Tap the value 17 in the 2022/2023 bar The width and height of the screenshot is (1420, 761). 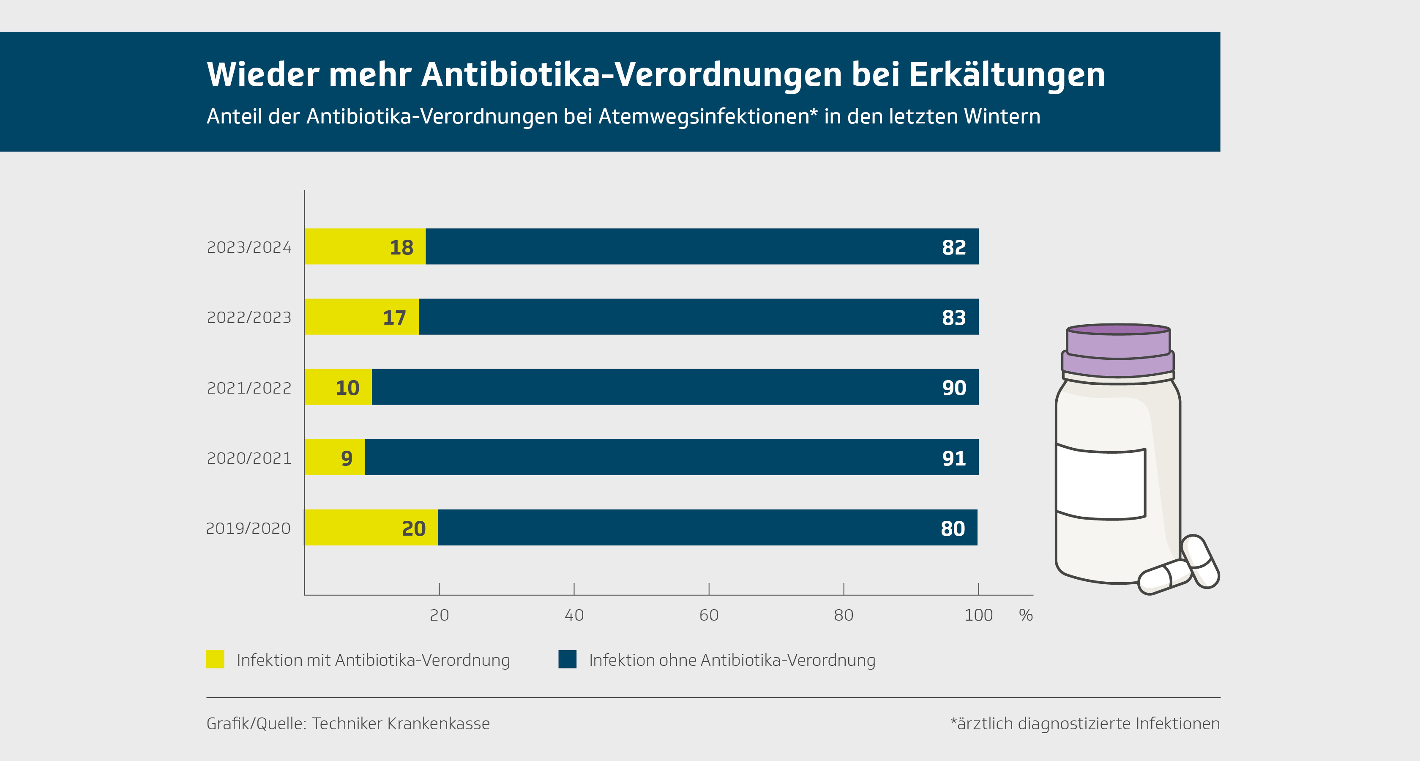pos(394,318)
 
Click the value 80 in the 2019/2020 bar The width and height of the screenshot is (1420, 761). pos(953,528)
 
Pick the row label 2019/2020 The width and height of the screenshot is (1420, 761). pos(248,528)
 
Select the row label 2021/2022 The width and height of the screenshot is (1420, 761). pos(248,388)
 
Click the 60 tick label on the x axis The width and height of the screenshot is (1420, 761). pos(708,615)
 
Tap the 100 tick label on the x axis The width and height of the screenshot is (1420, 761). pos(978,615)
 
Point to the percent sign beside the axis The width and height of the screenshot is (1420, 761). pos(1025,615)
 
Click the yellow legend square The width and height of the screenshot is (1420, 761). pos(215,660)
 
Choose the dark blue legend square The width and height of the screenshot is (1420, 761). pos(567,660)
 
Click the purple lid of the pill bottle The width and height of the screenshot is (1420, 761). pos(1118,350)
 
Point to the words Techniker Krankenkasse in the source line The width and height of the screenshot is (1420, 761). pos(401,723)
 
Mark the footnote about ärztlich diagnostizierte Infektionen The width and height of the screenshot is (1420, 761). pos(1085,723)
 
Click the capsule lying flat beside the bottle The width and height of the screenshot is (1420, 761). pos(1165,577)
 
